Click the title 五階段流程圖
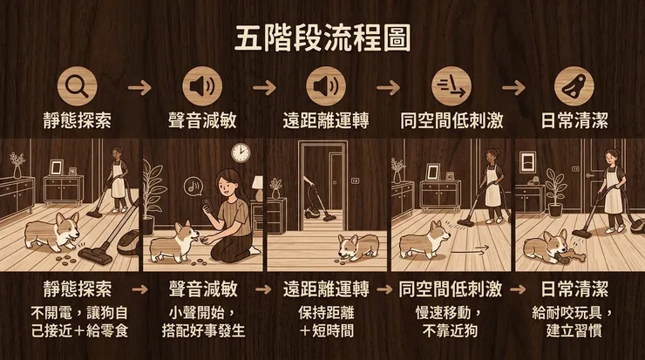pos(323,38)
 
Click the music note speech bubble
pos(193,185)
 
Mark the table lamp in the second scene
pos(258,187)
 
